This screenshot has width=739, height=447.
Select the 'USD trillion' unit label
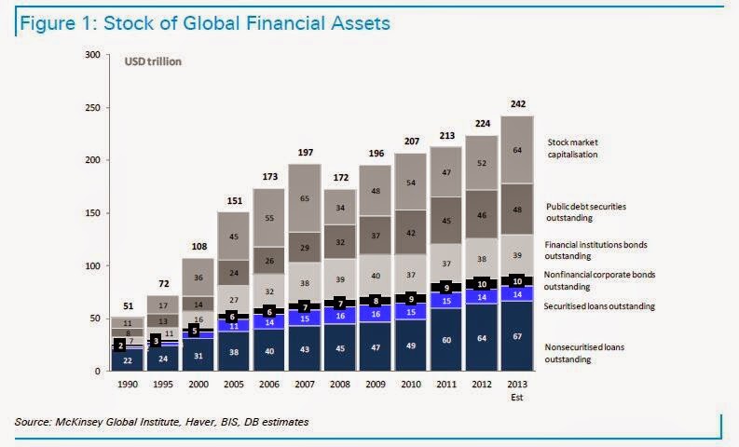(154, 61)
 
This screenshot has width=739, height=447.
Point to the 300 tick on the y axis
(92, 55)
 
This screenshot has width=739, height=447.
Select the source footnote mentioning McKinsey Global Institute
(161, 423)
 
